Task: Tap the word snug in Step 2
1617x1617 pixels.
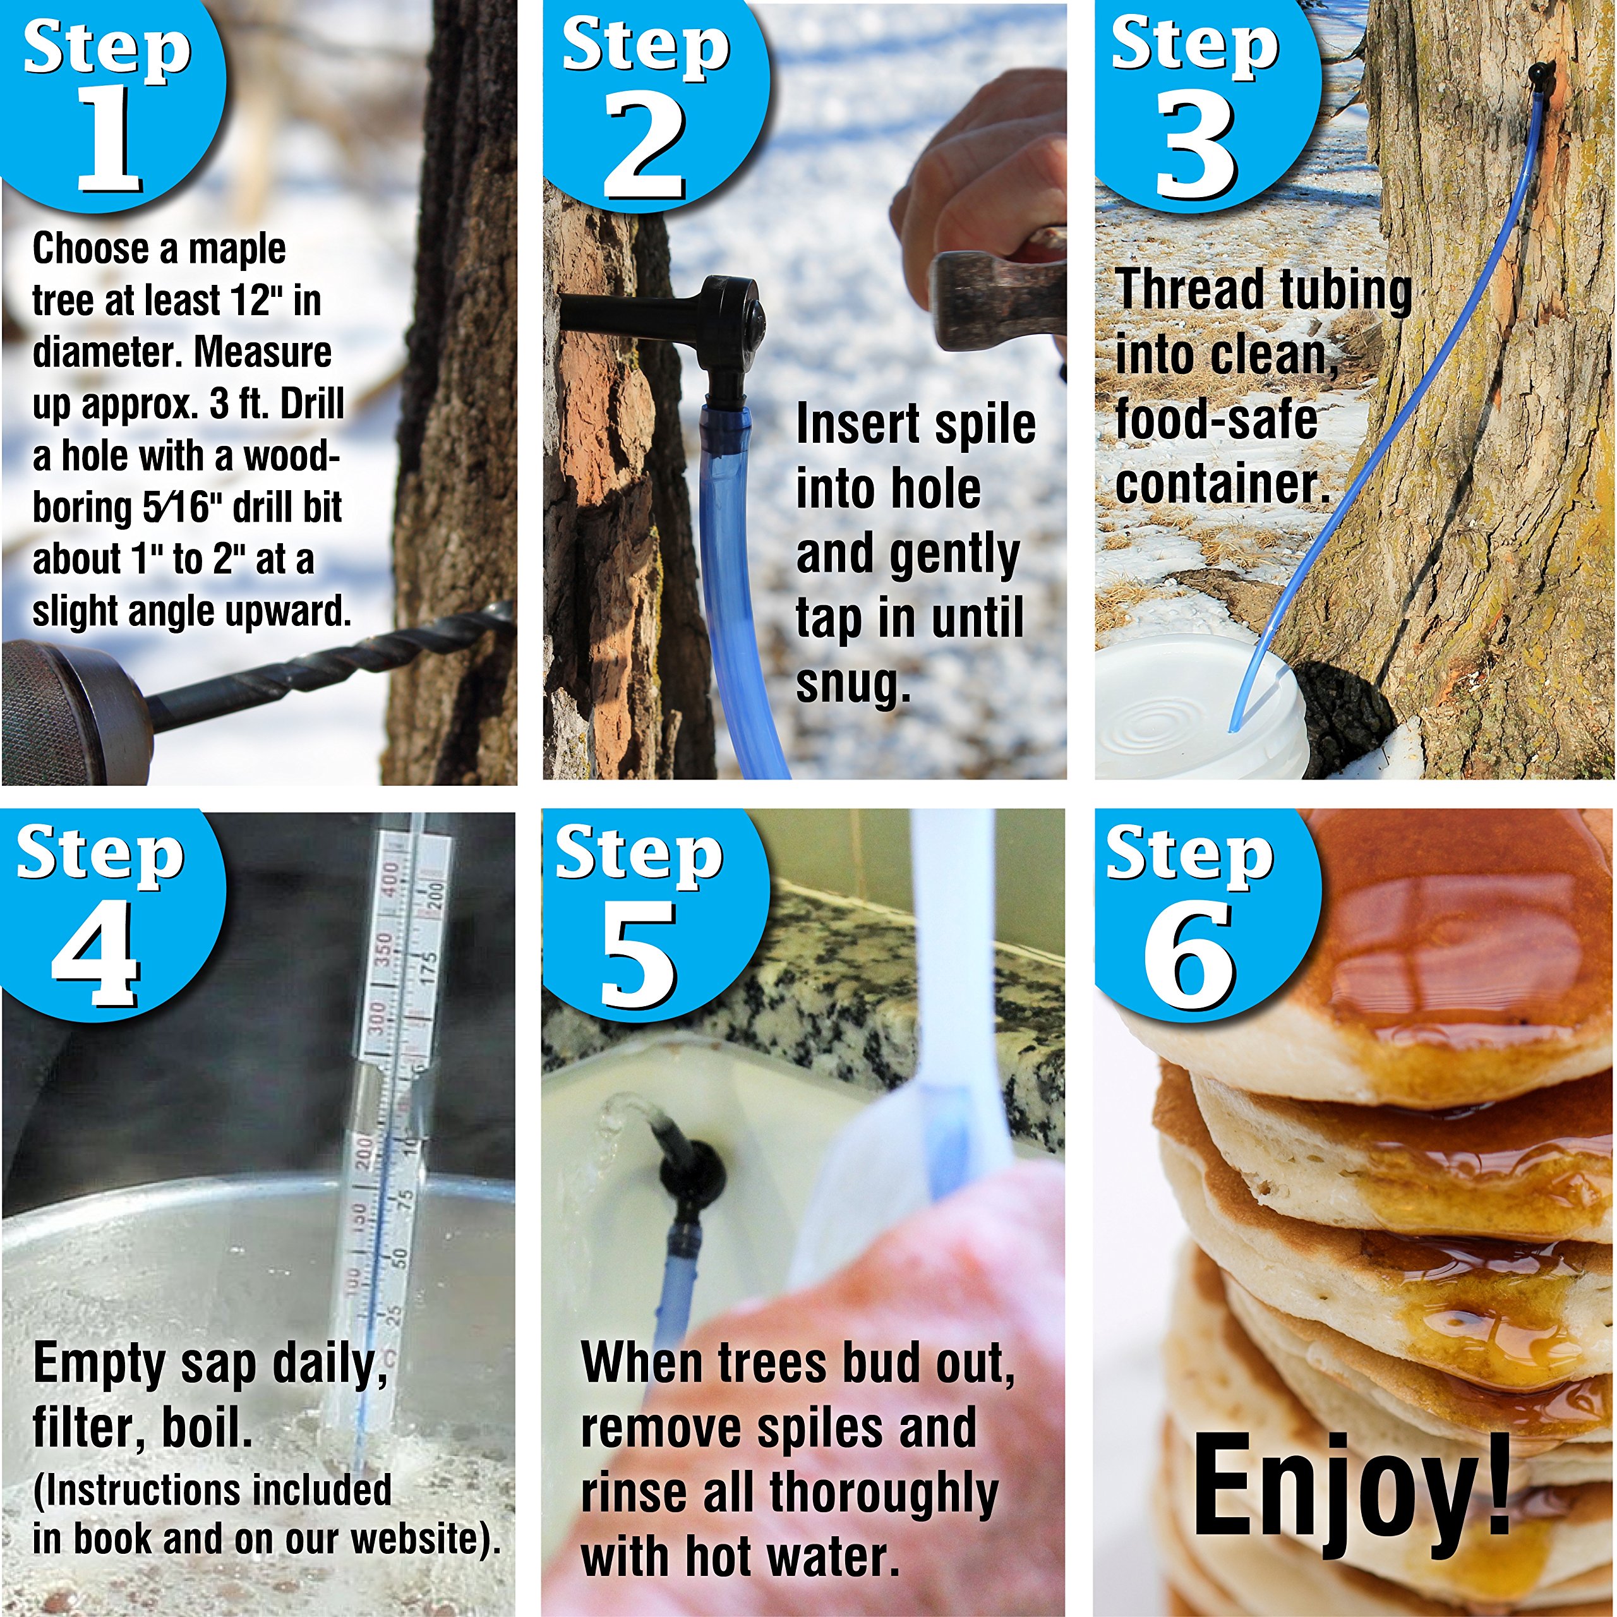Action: point(852,685)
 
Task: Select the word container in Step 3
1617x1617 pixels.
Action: point(1222,484)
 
